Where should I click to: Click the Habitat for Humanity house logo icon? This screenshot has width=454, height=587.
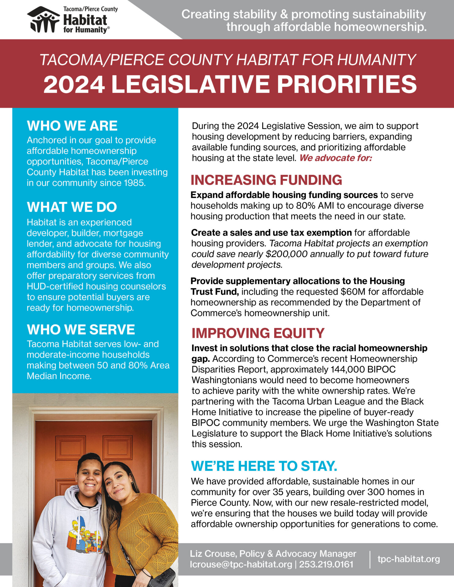click(x=43, y=20)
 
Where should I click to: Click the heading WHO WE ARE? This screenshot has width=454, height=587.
click(x=72, y=126)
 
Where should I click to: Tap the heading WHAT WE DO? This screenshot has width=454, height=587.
click(x=72, y=207)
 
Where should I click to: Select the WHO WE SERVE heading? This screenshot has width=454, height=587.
click(x=81, y=330)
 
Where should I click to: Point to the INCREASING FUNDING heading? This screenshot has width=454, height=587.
click(x=266, y=180)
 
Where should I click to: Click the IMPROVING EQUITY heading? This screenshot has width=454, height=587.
click(x=258, y=333)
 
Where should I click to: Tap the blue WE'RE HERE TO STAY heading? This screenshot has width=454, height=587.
click(x=264, y=466)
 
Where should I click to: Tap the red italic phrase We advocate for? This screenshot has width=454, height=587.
click(x=336, y=158)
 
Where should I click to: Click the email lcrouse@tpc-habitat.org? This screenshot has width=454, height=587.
click(x=241, y=564)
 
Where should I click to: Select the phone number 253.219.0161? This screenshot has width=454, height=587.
click(x=326, y=564)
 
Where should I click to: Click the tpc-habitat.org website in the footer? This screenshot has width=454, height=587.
click(x=409, y=559)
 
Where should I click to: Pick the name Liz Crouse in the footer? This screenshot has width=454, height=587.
click(x=213, y=554)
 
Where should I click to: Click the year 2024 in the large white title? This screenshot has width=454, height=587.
click(x=74, y=84)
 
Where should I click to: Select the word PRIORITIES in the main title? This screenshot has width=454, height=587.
click(x=347, y=84)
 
